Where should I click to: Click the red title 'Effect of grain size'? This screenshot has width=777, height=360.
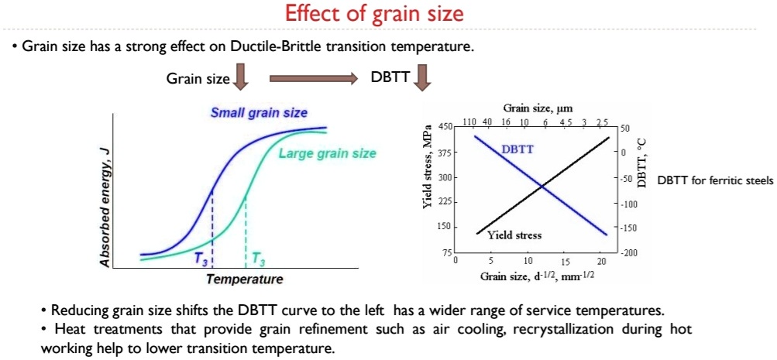tap(375, 14)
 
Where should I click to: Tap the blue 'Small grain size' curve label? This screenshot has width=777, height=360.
tap(259, 113)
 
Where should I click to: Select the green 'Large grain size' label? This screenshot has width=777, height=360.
tap(327, 153)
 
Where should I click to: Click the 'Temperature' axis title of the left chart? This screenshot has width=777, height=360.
tap(244, 279)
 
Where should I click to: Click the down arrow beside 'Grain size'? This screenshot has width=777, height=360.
tap(240, 77)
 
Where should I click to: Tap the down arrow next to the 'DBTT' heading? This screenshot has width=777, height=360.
tap(422, 77)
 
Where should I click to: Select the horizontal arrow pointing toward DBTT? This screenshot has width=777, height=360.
tap(313, 78)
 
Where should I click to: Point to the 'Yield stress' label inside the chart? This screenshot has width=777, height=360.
tap(514, 235)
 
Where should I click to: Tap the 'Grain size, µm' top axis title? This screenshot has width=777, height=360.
tap(537, 109)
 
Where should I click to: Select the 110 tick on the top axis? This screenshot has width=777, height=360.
tap(469, 122)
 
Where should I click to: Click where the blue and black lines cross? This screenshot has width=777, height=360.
tap(541, 186)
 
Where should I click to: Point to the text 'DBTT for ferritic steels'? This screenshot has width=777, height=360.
tap(715, 180)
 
